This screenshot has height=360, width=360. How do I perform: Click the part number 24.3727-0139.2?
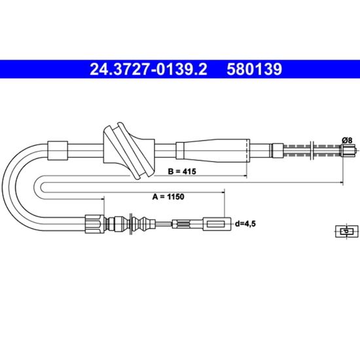[149, 69]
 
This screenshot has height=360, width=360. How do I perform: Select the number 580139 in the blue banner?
[254, 69]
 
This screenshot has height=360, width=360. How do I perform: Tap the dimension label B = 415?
[182, 171]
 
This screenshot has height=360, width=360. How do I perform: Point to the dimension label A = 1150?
[168, 196]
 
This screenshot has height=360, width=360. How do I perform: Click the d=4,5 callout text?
[245, 223]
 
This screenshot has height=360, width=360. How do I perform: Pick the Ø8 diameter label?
[347, 140]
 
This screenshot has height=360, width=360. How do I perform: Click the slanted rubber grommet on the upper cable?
[129, 151]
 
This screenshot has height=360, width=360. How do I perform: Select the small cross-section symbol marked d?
[347, 231]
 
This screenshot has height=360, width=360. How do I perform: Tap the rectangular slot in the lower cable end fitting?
[215, 224]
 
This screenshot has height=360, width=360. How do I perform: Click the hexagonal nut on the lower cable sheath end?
[95, 224]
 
